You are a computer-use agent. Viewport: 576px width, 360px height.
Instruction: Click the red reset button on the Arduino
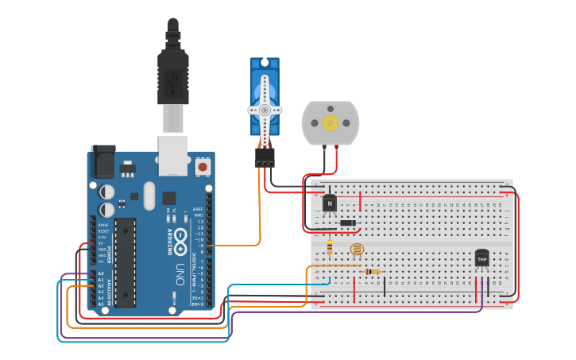pos(203,167)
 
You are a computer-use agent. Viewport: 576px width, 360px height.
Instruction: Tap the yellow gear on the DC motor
pos(331,123)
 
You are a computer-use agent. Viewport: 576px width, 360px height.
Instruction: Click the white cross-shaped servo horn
pos(265,110)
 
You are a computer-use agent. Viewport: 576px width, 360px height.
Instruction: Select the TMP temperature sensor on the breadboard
pos(481,258)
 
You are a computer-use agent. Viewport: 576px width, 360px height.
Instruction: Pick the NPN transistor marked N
pos(330,203)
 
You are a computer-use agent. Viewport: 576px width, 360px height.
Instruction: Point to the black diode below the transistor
pos(347,223)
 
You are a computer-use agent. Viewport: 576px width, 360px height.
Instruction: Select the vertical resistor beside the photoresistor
pos(330,250)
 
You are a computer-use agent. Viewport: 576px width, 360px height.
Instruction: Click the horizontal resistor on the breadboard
pos(371,271)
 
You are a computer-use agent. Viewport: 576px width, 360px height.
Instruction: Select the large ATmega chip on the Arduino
pos(126,263)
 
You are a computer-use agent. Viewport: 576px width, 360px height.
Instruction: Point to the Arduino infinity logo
pos(180,238)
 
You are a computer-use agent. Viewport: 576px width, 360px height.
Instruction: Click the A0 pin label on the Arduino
pos(101,273)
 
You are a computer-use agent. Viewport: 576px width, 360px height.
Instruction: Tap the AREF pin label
pos(198,209)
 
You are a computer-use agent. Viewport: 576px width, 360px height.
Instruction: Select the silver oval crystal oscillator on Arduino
pos(149,195)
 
